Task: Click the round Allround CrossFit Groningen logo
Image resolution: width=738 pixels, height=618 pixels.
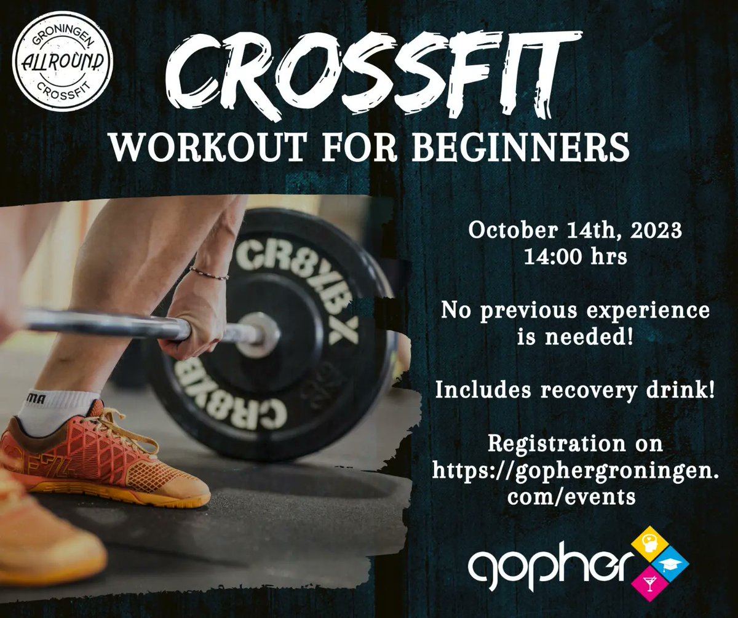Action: tap(63, 64)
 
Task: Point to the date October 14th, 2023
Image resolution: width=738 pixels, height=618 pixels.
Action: tap(575, 232)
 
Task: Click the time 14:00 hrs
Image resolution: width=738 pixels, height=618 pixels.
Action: tap(575, 256)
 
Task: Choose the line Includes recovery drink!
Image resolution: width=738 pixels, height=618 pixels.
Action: tap(575, 389)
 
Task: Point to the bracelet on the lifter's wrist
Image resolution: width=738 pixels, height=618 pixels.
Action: tap(209, 273)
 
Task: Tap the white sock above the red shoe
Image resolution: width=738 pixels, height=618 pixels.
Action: tap(58, 410)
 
